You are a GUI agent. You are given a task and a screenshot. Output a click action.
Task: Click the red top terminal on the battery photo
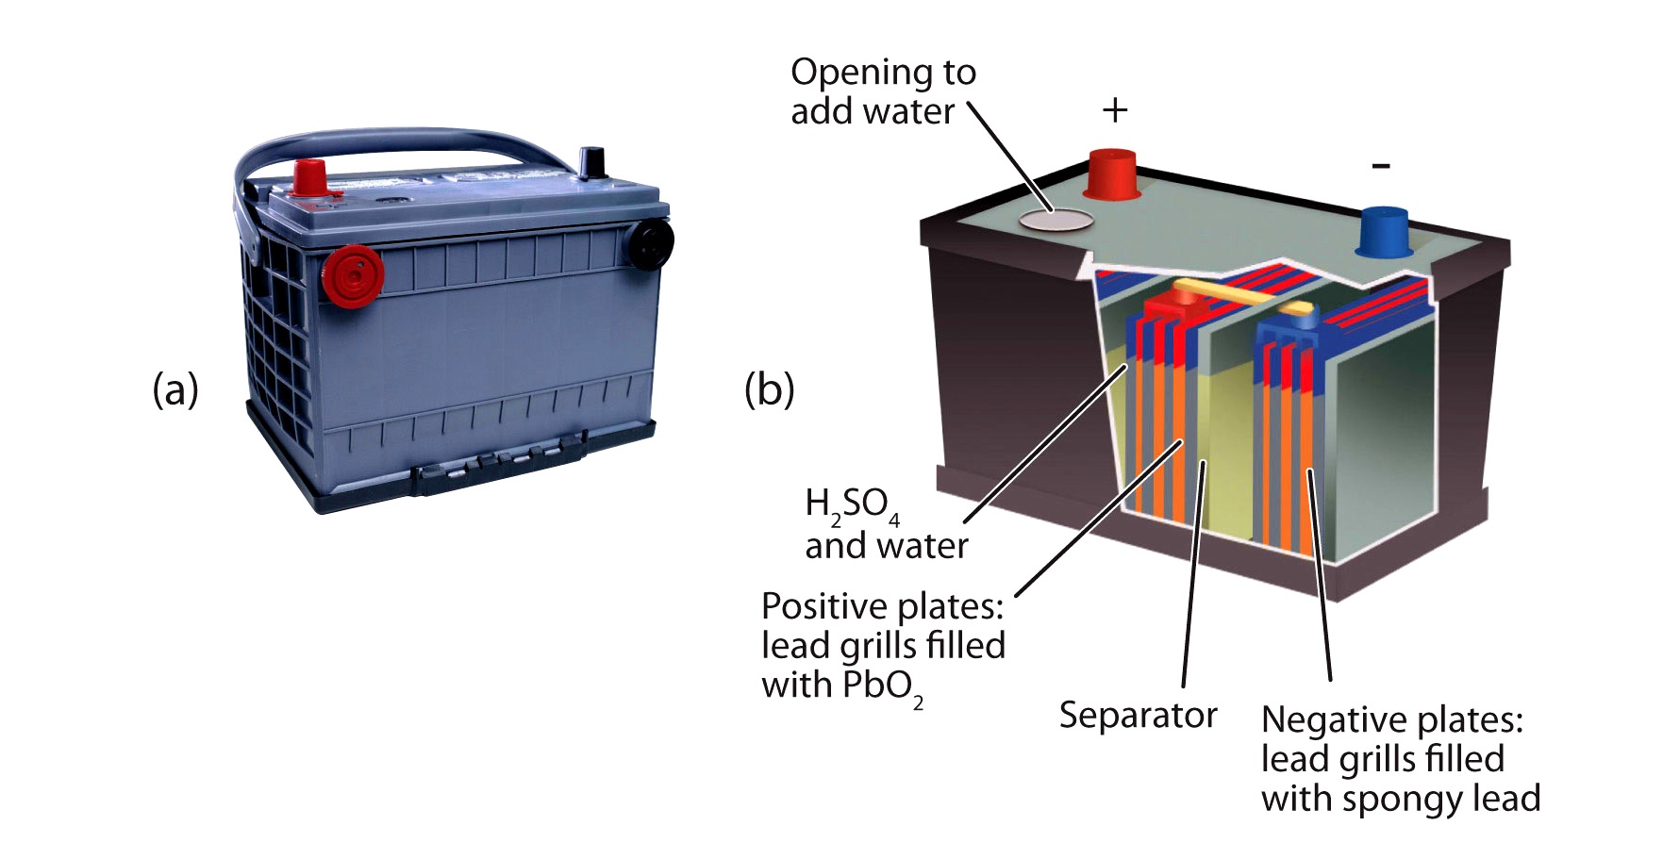coord(309,178)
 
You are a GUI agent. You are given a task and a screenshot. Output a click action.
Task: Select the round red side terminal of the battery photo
coord(353,275)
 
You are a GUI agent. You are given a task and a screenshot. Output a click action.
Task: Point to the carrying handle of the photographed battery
coord(396,142)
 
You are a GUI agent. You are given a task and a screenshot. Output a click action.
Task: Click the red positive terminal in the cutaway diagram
coord(1112,173)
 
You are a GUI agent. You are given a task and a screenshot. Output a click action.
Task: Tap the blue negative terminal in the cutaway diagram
coord(1384,231)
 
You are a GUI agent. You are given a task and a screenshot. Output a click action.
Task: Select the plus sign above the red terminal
coord(1115,110)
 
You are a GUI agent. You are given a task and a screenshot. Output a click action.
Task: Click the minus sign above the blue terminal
coord(1381,167)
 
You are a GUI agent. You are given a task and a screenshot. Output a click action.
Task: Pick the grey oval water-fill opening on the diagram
coord(1056,221)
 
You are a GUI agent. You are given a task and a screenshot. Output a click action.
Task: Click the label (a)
coord(175,388)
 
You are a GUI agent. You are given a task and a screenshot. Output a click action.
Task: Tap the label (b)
coord(769,388)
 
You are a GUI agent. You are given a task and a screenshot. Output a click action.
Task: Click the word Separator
coord(1138,715)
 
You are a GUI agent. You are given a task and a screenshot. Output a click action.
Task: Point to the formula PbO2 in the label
coord(883,686)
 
